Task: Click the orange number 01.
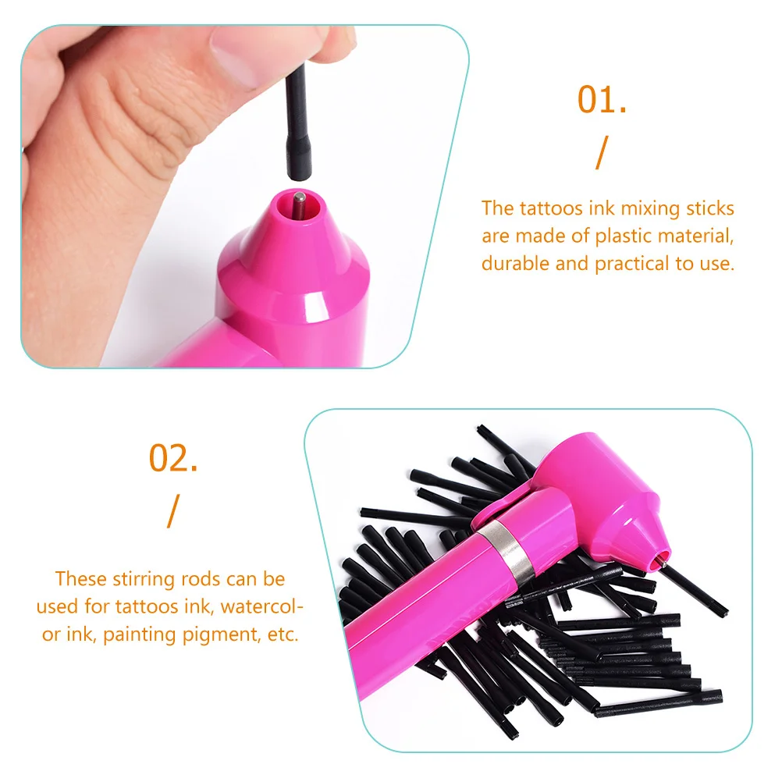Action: tap(602, 100)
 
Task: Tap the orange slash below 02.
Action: tap(173, 511)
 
